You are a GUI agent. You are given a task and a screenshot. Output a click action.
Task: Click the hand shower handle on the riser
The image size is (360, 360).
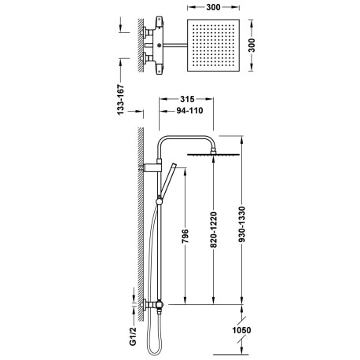pos(166,182)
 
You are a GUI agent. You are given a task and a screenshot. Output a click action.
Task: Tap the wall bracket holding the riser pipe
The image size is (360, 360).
pos(149,168)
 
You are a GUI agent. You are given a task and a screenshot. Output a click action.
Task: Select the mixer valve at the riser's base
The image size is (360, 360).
pos(155,305)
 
